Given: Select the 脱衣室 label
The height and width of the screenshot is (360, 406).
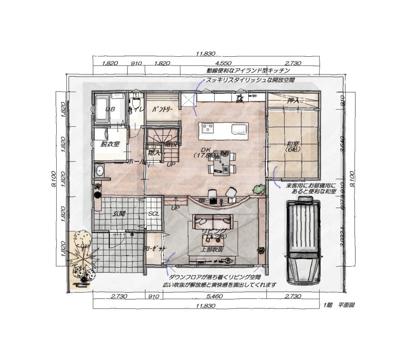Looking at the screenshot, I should (110, 144).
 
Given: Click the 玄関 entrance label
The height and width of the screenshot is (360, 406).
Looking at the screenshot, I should (119, 214).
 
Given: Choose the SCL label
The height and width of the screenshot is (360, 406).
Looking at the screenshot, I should (153, 214).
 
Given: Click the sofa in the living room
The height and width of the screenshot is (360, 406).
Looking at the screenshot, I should (213, 220).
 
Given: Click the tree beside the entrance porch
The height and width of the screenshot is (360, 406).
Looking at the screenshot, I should (82, 254).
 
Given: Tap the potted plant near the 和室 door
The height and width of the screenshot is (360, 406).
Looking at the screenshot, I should (259, 189).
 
